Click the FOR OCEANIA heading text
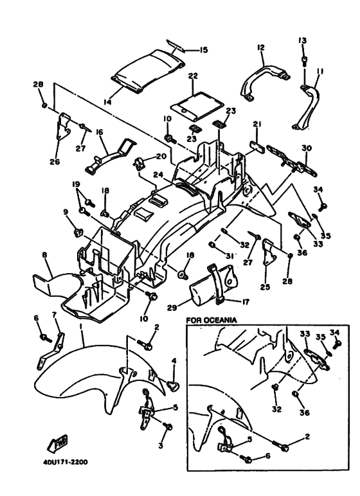click(212, 320)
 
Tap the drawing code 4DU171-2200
click(65, 462)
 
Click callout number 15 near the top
click(203, 49)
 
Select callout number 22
click(193, 76)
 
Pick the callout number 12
click(261, 48)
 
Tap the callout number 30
click(307, 148)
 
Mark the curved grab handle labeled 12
click(265, 82)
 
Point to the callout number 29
click(173, 307)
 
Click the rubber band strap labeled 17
click(219, 285)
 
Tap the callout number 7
click(54, 315)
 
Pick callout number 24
click(159, 174)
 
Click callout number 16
click(100, 132)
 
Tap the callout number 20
click(161, 156)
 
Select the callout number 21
click(256, 124)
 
